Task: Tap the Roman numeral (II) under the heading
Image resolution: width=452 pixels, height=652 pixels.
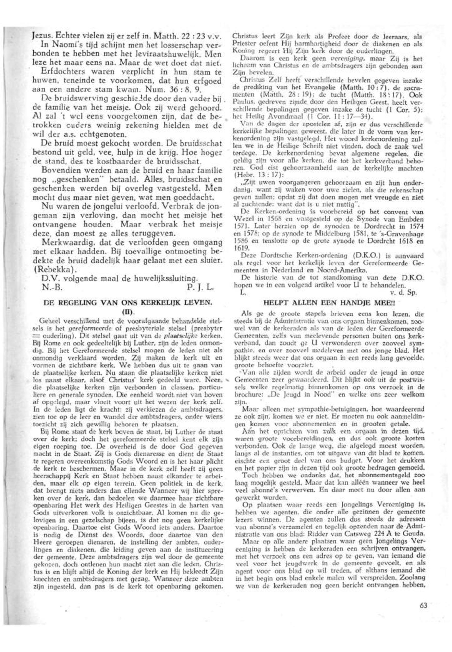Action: click(x=127, y=311)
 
